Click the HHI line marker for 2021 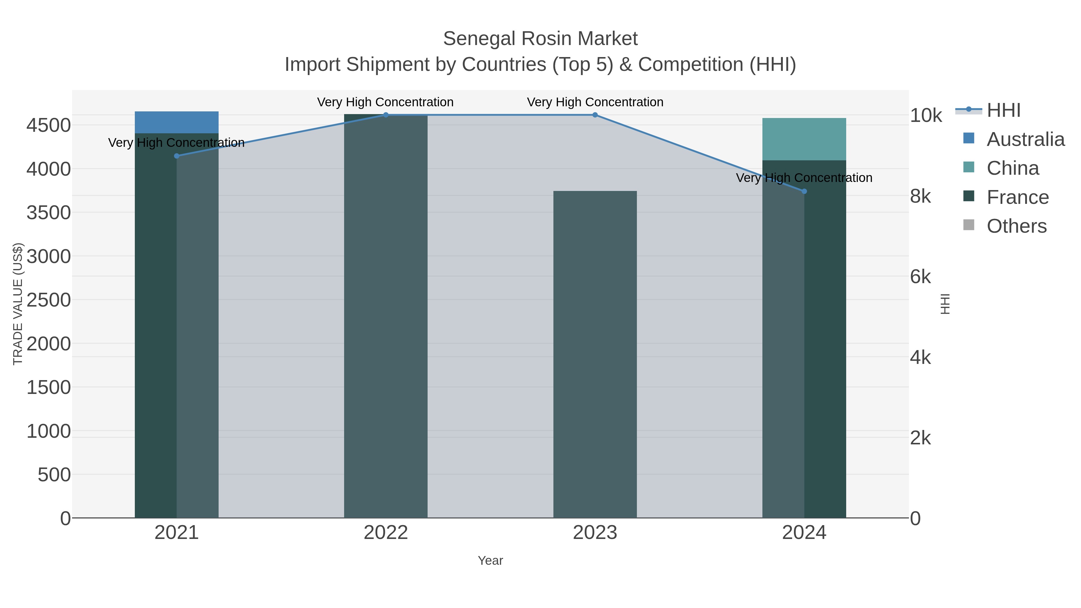[x=177, y=156]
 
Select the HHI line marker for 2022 [x=386, y=115]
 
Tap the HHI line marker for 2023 [x=595, y=115]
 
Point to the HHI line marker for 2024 [x=804, y=191]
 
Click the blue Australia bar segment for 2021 [x=177, y=123]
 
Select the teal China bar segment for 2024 [x=804, y=139]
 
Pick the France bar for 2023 [x=595, y=354]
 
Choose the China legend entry [x=1013, y=168]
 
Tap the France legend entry [x=1017, y=197]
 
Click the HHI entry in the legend [x=1003, y=110]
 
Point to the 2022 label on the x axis [x=386, y=533]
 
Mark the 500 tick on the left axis [x=54, y=475]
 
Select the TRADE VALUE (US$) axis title [x=18, y=304]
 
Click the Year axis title [x=490, y=561]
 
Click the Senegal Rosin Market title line [x=540, y=39]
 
